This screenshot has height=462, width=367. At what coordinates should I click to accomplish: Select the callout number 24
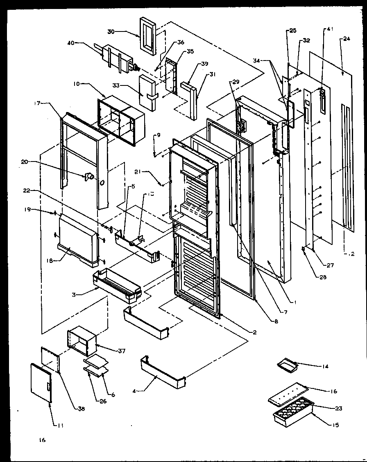tap(347, 39)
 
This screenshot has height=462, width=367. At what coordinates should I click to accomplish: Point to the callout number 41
tap(331, 29)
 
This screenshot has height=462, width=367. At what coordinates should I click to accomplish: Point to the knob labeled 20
tap(89, 177)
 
